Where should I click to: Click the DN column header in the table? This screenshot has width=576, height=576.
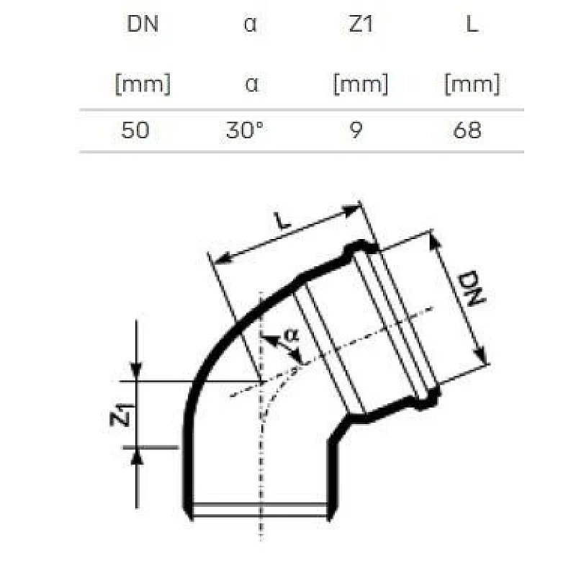click(142, 24)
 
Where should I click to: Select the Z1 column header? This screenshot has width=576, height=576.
click(360, 24)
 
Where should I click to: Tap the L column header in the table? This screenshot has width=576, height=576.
click(472, 24)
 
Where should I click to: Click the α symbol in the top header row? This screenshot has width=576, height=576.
click(251, 24)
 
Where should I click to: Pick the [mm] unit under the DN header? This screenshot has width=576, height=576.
click(142, 84)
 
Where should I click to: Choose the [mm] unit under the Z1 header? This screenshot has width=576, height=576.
click(360, 84)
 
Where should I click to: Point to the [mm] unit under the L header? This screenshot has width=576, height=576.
click(472, 84)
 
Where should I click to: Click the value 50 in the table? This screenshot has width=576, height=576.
click(136, 130)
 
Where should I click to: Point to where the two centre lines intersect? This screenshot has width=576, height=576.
click(261, 380)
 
